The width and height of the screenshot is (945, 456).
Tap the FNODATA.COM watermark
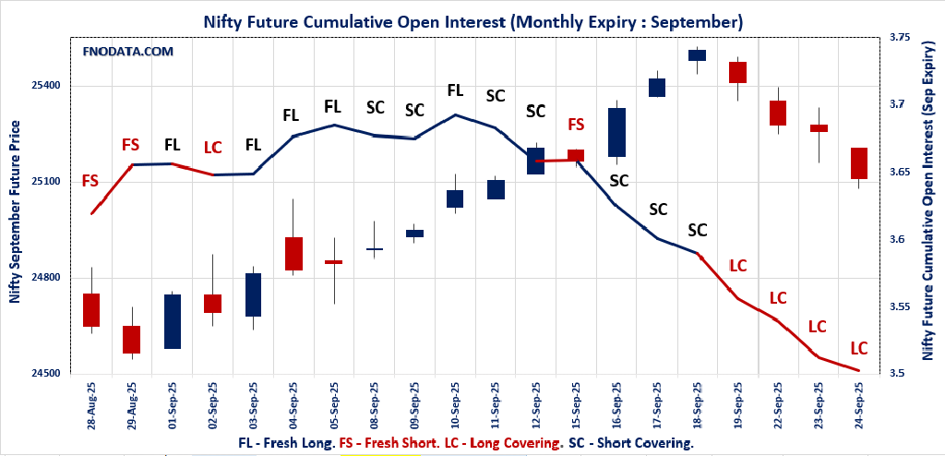pyautogui.click(x=128, y=52)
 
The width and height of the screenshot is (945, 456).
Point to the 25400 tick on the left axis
pyautogui.click(x=46, y=86)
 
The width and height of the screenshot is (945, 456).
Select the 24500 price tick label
pyautogui.click(x=46, y=374)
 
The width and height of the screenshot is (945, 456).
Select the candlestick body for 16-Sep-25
pyautogui.click(x=616, y=132)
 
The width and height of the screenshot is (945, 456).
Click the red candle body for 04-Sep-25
pyautogui.click(x=293, y=253)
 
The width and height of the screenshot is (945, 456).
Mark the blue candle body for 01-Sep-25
pyautogui.click(x=172, y=321)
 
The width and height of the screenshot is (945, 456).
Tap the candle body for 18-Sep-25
pyautogui.click(x=697, y=55)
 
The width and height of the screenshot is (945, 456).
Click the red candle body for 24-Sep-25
pyautogui.click(x=859, y=163)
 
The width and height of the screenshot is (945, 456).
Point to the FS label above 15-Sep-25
pyautogui.click(x=576, y=125)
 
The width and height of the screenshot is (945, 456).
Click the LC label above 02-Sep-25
pyautogui.click(x=212, y=148)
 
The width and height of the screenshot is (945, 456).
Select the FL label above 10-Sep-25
pyautogui.click(x=455, y=90)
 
